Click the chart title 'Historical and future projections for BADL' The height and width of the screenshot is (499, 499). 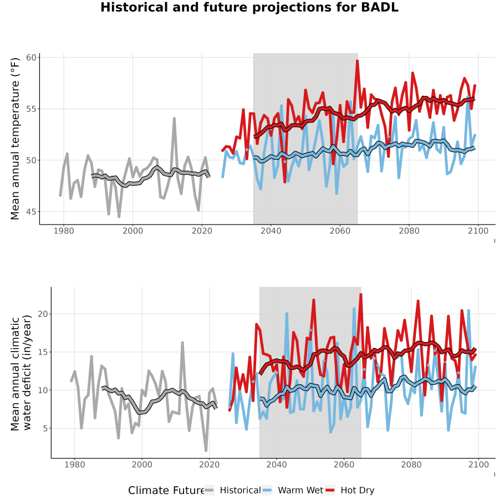point(249,7)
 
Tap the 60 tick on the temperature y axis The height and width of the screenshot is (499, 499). point(31,58)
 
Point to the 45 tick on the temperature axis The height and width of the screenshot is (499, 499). point(31,212)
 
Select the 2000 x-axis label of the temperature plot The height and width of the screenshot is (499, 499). point(133,231)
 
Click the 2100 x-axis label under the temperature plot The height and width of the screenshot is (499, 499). point(478,231)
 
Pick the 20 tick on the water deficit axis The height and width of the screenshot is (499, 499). point(42,314)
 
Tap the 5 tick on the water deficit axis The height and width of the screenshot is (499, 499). point(45,429)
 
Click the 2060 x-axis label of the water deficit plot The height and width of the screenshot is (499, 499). point(344,465)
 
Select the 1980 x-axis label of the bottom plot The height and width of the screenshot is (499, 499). point(74,465)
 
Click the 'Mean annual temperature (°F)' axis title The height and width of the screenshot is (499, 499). point(15,139)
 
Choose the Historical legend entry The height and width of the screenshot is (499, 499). point(232,490)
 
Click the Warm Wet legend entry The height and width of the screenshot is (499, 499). point(293,490)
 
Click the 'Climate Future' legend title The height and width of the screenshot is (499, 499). point(166,491)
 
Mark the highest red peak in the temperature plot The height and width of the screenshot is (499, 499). point(358,60)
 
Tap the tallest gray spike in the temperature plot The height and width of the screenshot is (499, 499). point(175,119)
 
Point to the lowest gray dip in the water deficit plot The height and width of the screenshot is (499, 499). point(206,450)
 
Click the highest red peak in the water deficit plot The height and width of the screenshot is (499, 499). point(361,294)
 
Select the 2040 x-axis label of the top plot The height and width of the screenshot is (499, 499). point(271,231)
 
